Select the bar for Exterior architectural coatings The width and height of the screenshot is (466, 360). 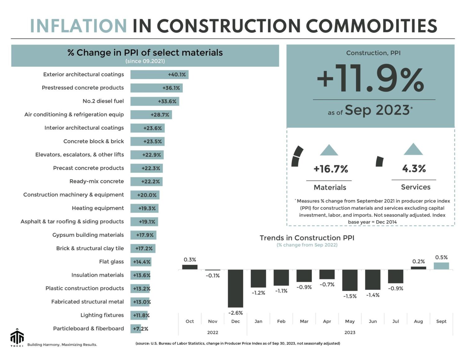click(x=159, y=75)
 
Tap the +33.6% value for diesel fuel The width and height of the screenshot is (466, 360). click(x=167, y=101)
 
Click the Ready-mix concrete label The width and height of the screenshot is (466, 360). click(x=97, y=181)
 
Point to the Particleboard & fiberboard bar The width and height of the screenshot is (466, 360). click(x=135, y=329)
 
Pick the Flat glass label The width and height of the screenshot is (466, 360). click(x=111, y=262)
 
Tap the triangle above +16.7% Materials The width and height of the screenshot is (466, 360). click(x=329, y=150)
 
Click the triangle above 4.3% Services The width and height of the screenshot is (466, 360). click(x=413, y=149)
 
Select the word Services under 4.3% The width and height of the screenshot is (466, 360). click(x=416, y=187)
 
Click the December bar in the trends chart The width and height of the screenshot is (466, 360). click(x=235, y=288)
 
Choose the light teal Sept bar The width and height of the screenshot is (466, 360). click(x=441, y=266)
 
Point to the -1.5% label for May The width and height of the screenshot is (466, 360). click(x=350, y=296)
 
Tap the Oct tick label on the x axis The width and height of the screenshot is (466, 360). click(x=190, y=321)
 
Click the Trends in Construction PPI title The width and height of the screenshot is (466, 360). click(x=307, y=238)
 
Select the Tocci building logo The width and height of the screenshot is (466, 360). click(x=17, y=337)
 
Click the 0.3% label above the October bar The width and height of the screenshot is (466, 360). click(x=190, y=260)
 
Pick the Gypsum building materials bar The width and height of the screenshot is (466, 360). click(x=143, y=235)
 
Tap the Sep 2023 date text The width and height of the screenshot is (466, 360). click(x=377, y=110)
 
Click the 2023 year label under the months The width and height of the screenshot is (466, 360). click(x=350, y=332)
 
